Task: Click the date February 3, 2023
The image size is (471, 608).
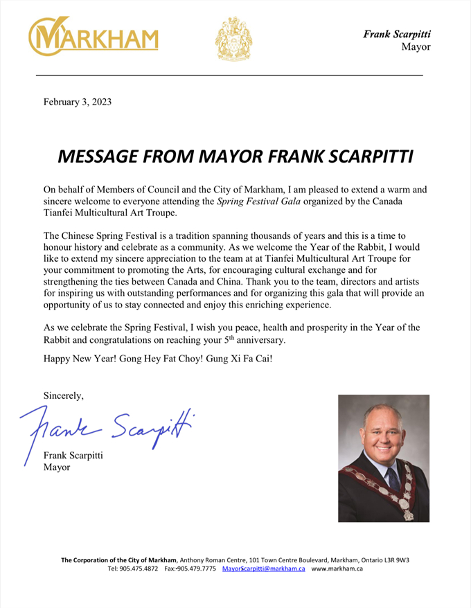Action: pos(78,102)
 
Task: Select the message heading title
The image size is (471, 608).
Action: pos(235,155)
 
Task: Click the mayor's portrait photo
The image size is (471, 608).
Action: pos(383,458)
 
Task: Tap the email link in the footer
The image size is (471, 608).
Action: pos(264,569)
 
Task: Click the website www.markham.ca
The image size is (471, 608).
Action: pos(337,569)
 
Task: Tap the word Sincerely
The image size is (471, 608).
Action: pos(64,396)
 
